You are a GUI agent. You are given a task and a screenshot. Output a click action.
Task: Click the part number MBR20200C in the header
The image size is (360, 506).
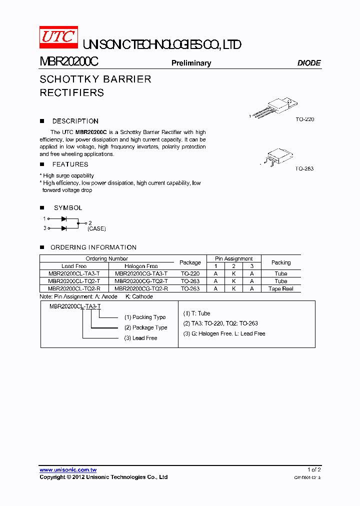click(68, 61)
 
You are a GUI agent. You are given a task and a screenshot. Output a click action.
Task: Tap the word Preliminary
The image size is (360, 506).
click(191, 63)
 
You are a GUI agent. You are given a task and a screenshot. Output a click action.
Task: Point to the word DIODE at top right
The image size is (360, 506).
click(309, 63)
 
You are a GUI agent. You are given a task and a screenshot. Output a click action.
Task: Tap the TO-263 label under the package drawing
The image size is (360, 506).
click(304, 168)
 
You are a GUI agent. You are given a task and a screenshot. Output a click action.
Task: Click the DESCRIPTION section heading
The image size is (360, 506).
click(75, 121)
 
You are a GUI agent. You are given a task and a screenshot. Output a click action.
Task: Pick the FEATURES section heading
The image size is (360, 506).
click(70, 164)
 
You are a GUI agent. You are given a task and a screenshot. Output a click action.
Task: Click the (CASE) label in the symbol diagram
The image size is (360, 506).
click(96, 228)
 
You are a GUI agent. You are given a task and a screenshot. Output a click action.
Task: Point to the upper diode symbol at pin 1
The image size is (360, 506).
click(64, 219)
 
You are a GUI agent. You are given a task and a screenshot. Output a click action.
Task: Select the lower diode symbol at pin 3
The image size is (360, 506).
click(64, 228)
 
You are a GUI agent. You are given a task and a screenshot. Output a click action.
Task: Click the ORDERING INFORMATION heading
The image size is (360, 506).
click(93, 247)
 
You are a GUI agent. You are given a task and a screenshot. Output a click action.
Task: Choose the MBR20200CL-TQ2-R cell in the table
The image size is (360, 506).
click(74, 288)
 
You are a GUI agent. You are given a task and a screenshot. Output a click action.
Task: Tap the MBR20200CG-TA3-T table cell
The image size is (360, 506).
click(141, 273)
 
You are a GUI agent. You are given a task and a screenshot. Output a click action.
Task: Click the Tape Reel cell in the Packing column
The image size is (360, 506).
click(280, 288)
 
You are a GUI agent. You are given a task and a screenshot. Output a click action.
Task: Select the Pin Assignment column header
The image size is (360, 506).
click(233, 258)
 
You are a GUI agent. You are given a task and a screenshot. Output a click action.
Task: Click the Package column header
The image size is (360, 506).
click(190, 262)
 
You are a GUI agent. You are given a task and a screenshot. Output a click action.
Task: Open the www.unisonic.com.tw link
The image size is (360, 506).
click(68, 469)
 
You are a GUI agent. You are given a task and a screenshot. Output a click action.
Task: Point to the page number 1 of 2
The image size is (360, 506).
click(314, 469)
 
